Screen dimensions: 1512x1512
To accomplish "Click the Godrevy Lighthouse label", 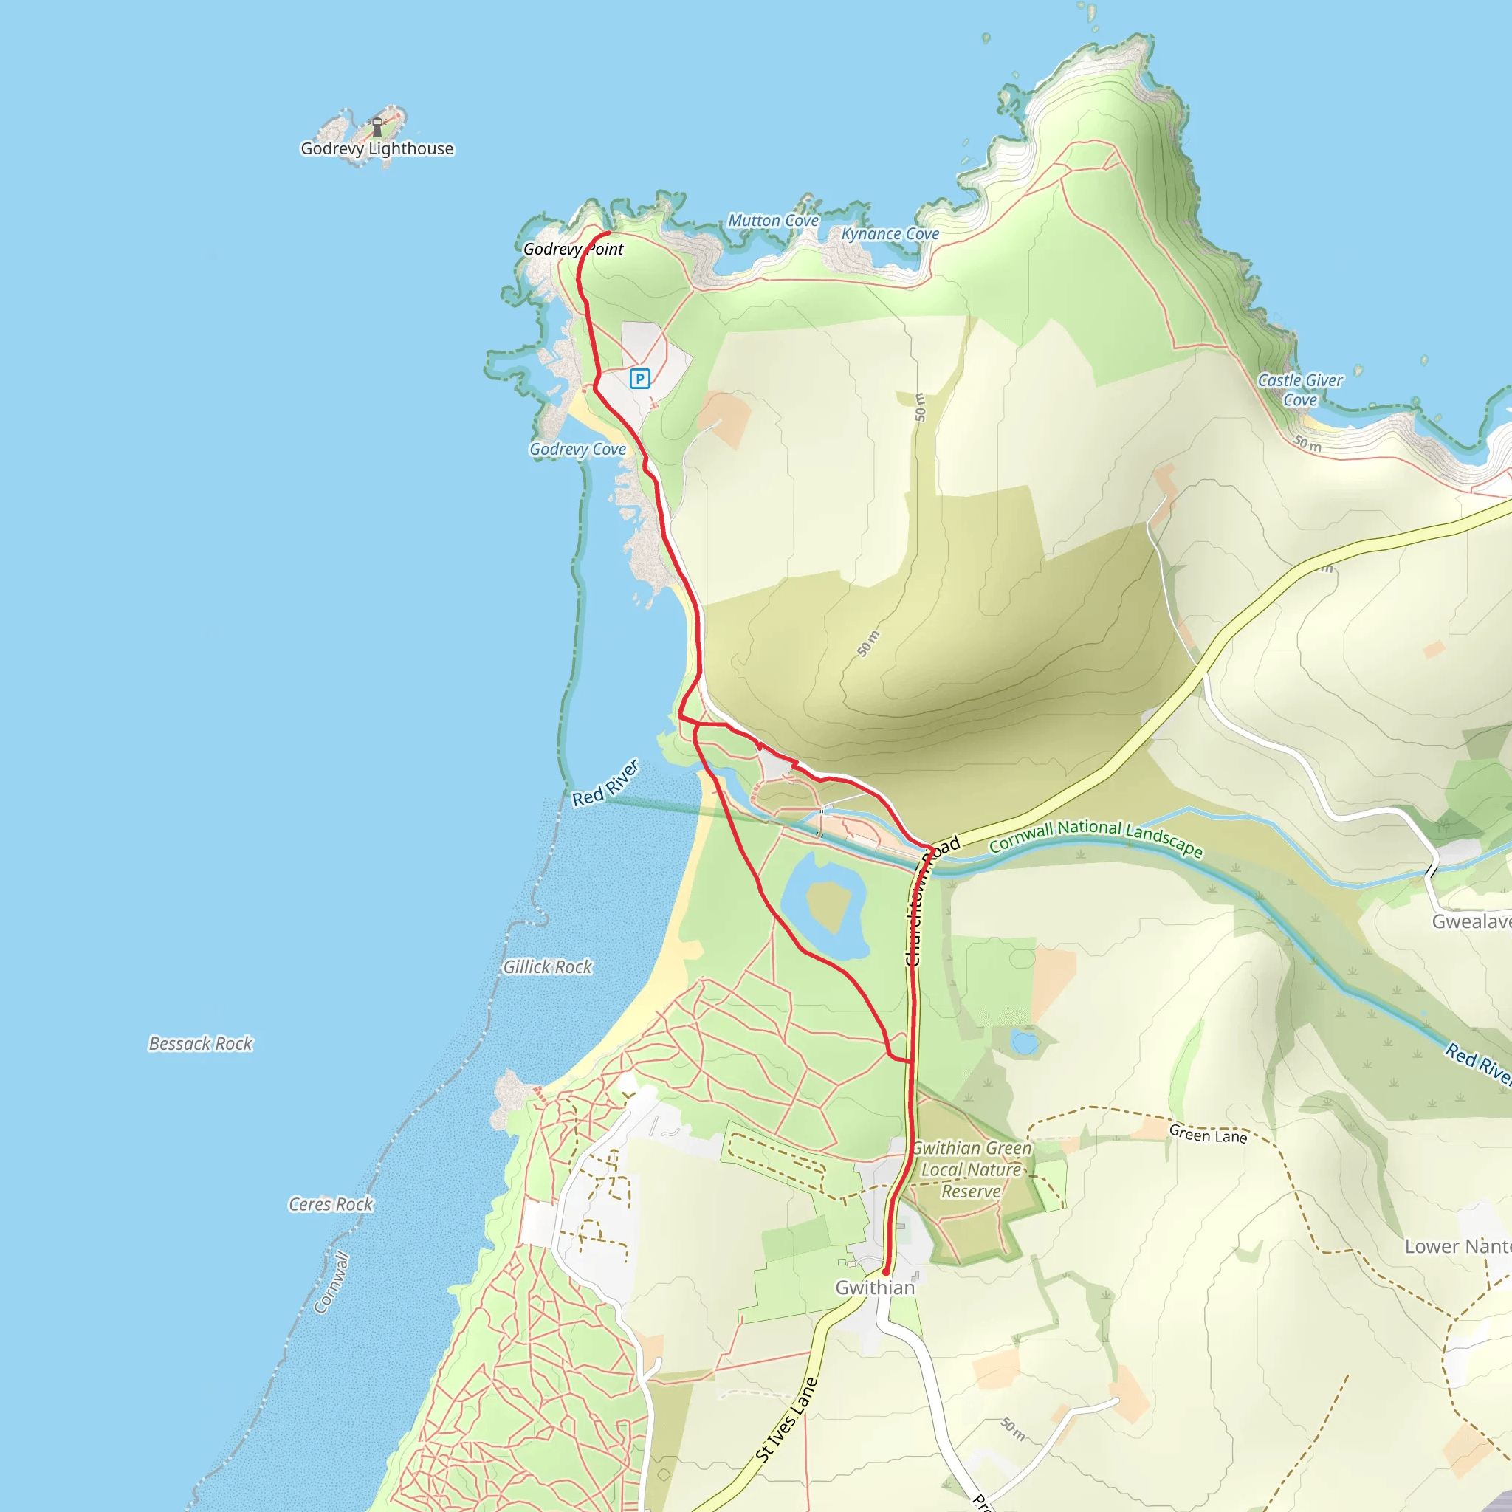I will pyautogui.click(x=377, y=148).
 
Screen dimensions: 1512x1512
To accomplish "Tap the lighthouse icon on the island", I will pyautogui.click(x=377, y=126).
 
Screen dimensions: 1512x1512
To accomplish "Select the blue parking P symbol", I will pyautogui.click(x=639, y=379).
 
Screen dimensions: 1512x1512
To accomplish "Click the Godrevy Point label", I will pyautogui.click(x=573, y=249).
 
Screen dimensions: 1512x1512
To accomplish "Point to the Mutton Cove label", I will pyautogui.click(x=773, y=221).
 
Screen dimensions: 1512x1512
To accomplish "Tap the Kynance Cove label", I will pyautogui.click(x=890, y=234).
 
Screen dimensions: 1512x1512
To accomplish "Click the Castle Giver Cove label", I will pyautogui.click(x=1299, y=390).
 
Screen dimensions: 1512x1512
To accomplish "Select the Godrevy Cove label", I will pyautogui.click(x=577, y=449).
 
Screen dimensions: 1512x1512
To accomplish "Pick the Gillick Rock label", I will pyautogui.click(x=547, y=966).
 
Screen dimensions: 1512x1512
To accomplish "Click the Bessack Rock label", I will pyautogui.click(x=200, y=1043).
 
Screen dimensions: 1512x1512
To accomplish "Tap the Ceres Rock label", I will pyautogui.click(x=330, y=1203).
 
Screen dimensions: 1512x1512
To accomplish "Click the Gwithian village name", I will pyautogui.click(x=874, y=1288).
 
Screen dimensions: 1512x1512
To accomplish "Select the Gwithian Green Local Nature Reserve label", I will pyautogui.click(x=972, y=1169).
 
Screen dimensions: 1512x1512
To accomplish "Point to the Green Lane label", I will pyautogui.click(x=1208, y=1134).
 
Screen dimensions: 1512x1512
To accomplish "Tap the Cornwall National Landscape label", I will pyautogui.click(x=1096, y=836).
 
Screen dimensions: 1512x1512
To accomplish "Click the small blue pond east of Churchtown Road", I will pyautogui.click(x=1025, y=1042).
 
